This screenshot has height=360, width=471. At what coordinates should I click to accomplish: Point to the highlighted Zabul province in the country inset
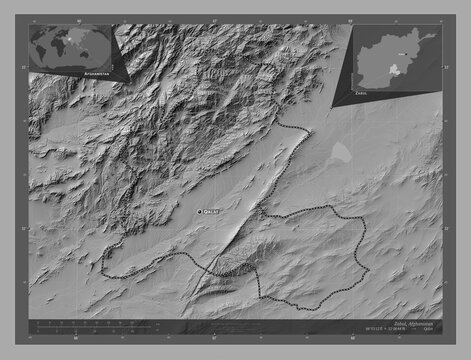(x=397, y=70)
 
